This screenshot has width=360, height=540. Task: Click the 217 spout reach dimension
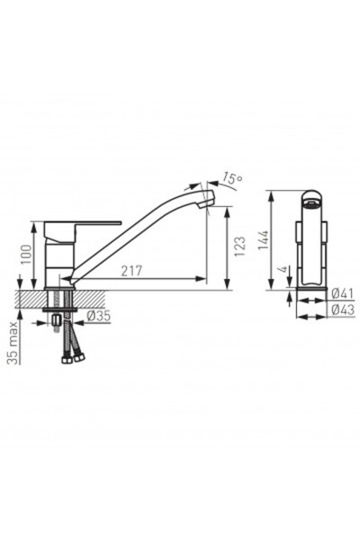point(131,271)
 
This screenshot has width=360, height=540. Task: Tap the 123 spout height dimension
point(239,246)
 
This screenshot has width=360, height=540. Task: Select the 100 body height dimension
point(26,255)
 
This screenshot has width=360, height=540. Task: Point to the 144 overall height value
point(264,240)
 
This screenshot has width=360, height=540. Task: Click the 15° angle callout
point(231,178)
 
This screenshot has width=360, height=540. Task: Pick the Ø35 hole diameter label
point(98,316)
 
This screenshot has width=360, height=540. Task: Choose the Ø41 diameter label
point(343,293)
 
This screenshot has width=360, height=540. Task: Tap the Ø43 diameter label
point(343,310)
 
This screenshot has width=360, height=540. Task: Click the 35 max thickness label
point(13,343)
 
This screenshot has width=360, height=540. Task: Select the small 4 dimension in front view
point(283,269)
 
